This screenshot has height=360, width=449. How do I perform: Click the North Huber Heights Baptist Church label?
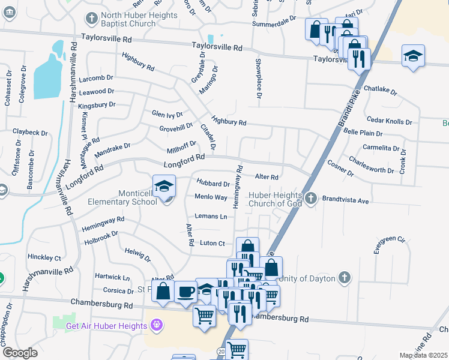click(139, 19)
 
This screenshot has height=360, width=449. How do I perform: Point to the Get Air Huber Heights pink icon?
click(157, 326)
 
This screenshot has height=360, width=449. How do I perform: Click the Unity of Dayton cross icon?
click(344, 278)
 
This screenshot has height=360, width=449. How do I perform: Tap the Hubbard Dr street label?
click(213, 184)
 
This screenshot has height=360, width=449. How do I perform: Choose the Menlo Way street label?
click(211, 197)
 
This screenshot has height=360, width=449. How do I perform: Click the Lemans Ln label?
click(211, 216)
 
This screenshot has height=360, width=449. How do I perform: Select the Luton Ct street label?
click(212, 243)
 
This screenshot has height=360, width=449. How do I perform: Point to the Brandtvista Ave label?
click(345, 201)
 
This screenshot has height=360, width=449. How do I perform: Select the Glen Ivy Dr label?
click(167, 113)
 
